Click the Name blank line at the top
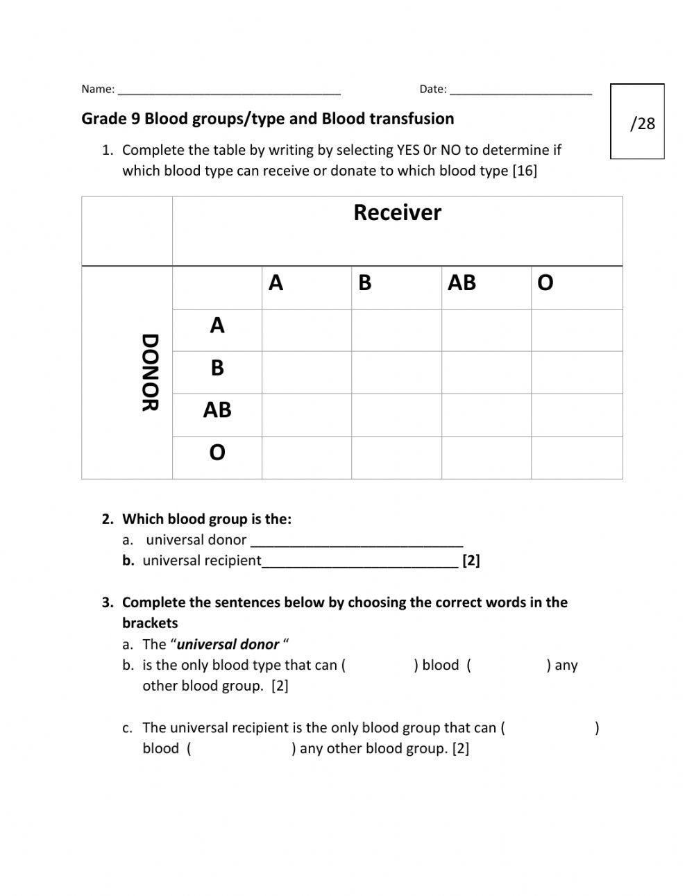229,91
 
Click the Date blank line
520,91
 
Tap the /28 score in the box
643,124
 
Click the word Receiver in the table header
397,212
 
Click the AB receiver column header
462,282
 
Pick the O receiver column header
545,282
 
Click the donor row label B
217,368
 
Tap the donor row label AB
217,410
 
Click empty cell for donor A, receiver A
307,330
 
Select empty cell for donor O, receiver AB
486,457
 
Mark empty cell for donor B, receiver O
577,373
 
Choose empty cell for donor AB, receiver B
396,415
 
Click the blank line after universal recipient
360,563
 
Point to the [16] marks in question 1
525,171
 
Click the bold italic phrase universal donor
228,644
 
